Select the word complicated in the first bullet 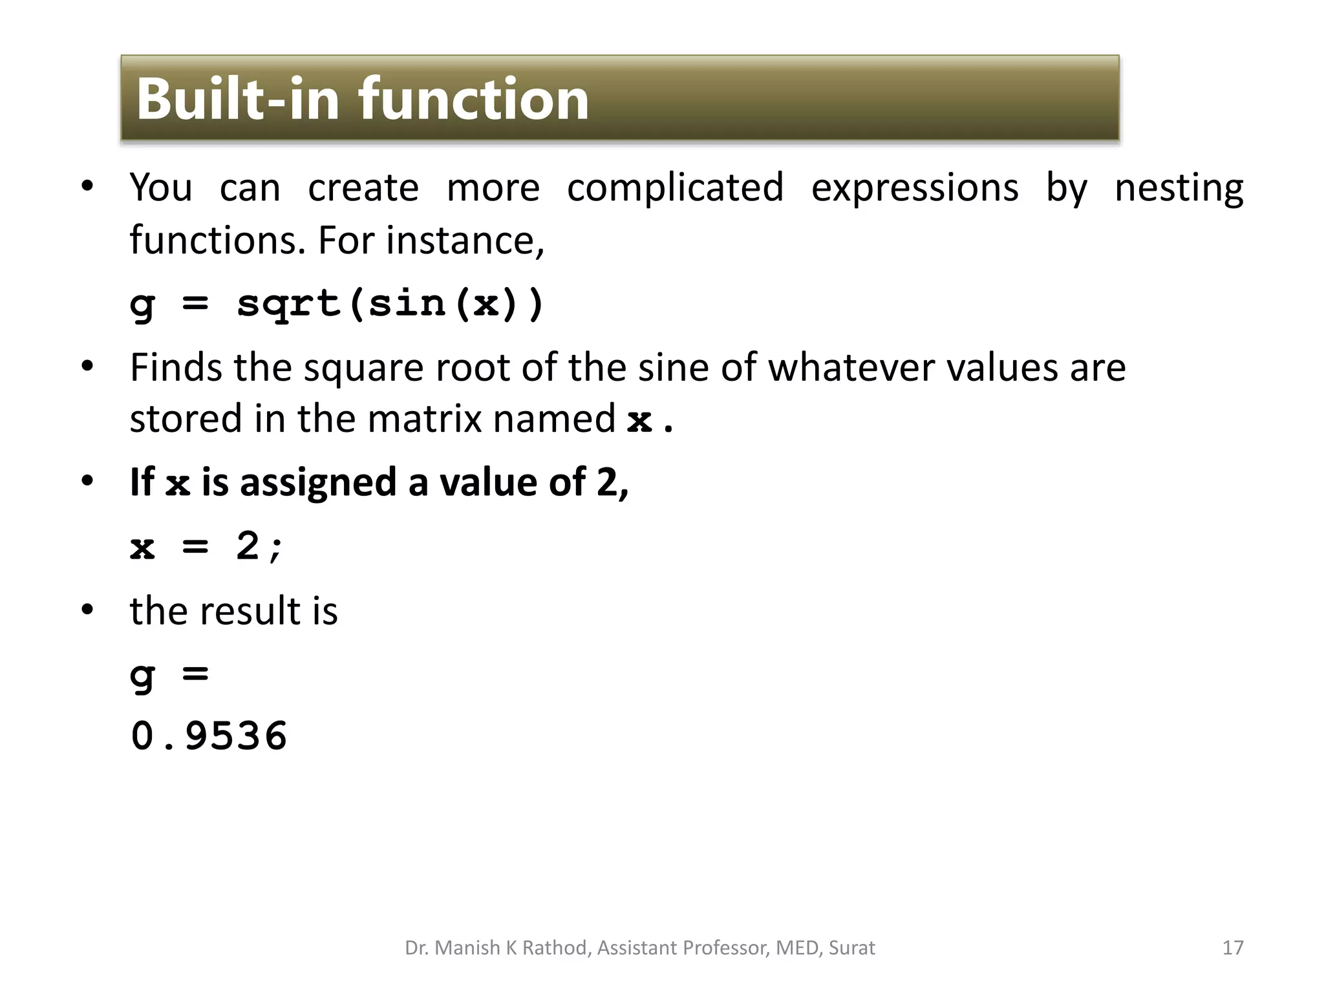(x=675, y=188)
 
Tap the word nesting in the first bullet (x=1179, y=188)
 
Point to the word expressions (x=915, y=188)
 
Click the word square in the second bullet (x=364, y=368)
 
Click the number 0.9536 (x=209, y=736)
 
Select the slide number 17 (x=1233, y=948)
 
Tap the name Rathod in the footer (x=555, y=948)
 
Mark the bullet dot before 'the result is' (x=87, y=610)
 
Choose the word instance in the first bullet (x=465, y=240)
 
